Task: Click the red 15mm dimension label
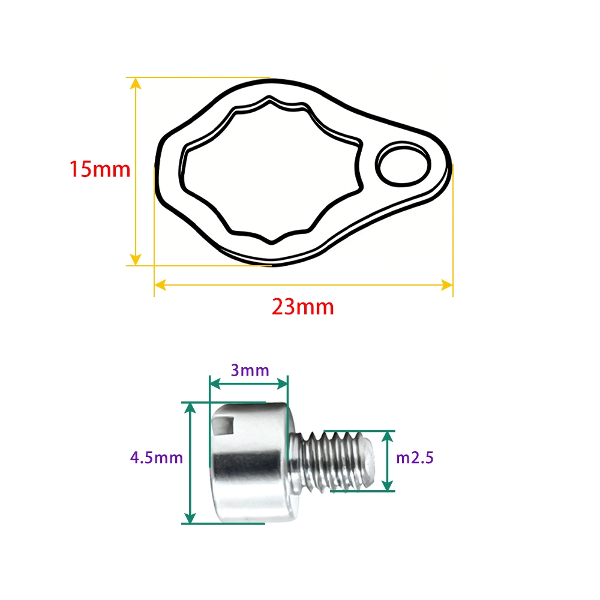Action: pos(100,170)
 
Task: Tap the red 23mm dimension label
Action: pos(302,307)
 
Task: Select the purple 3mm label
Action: pos(250,370)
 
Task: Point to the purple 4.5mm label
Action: pos(157,458)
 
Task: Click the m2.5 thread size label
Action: pos(415,458)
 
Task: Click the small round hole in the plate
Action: pos(403,164)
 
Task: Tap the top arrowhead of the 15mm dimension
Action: pos(136,83)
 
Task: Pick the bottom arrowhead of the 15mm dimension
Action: pos(136,259)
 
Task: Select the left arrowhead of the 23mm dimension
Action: pos(160,284)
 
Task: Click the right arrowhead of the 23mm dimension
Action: pos(447,284)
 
